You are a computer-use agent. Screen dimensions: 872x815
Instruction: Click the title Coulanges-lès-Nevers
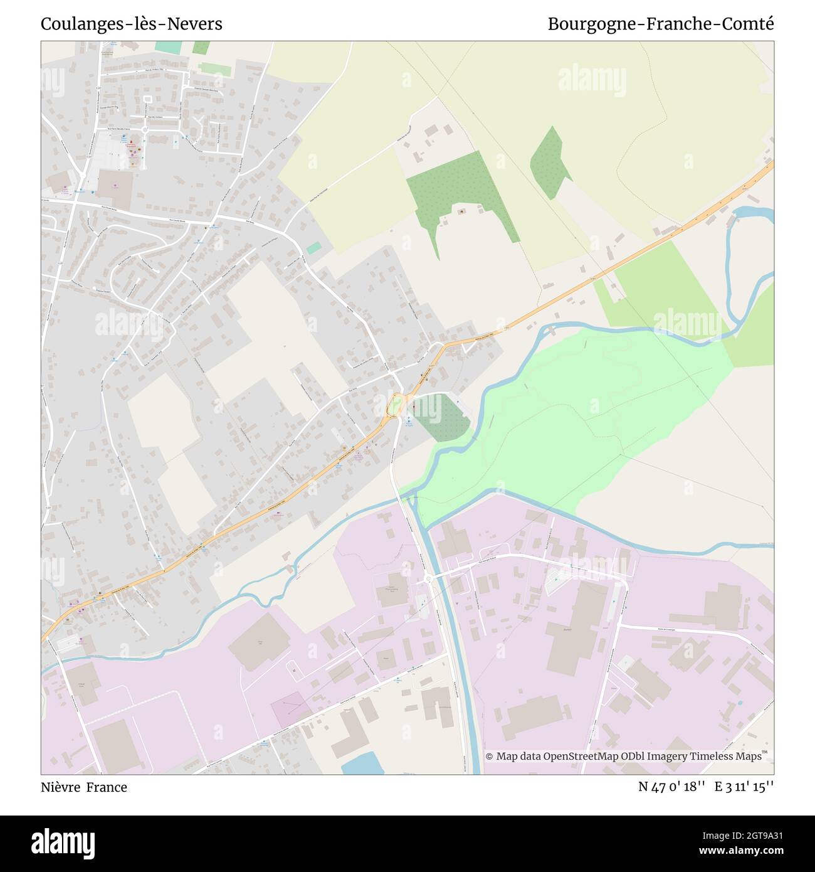point(131,24)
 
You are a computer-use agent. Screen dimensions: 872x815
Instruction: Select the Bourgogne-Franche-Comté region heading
point(660,24)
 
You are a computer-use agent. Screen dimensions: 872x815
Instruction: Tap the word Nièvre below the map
point(61,787)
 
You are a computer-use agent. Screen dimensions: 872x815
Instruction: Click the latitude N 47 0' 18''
point(671,787)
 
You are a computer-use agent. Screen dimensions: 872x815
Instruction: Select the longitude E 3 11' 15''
point(744,787)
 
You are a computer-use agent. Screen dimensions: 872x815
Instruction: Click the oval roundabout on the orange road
point(394,405)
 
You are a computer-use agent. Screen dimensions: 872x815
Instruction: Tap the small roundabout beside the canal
point(428,578)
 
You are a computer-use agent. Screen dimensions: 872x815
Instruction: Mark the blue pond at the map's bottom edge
point(363,763)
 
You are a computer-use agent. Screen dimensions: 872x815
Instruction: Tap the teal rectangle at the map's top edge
point(168,47)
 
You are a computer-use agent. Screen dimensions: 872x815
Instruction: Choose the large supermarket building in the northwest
point(115,189)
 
